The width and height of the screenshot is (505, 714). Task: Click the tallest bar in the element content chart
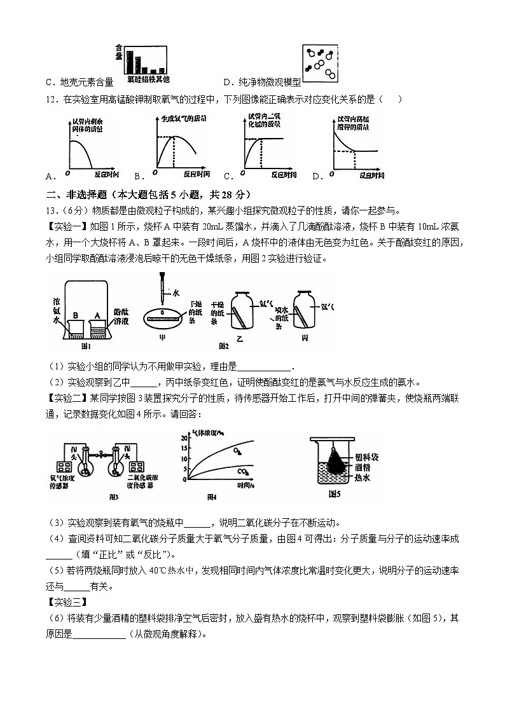pos(130,62)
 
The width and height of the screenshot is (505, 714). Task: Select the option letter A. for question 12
pos(51,176)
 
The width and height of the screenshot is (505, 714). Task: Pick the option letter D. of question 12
pos(316,176)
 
